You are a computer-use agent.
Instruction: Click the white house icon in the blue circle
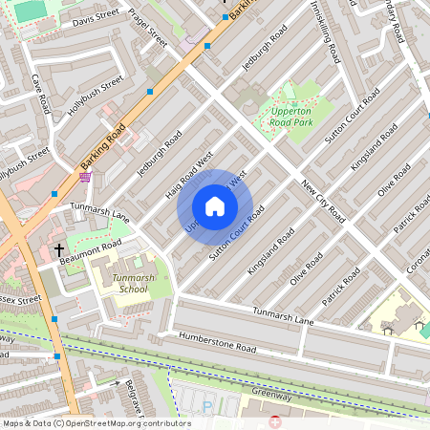coord(215,206)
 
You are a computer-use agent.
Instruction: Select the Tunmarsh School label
coord(130,282)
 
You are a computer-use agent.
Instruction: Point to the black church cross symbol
coord(58,250)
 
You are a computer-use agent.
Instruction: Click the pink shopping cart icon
coord(86,176)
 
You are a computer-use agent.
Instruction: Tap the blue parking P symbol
coord(207,406)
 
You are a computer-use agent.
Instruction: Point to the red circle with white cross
coord(277,422)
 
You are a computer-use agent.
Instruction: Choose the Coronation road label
coord(418,256)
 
